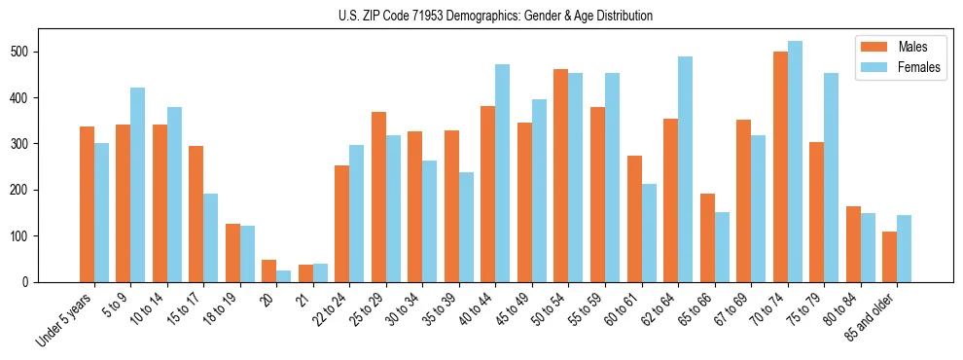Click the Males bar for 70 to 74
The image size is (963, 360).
click(x=780, y=166)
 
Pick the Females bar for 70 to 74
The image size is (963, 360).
click(x=795, y=162)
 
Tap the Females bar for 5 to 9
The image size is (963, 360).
click(x=137, y=185)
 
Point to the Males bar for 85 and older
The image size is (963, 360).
click(x=889, y=257)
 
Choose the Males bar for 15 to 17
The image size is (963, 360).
click(x=196, y=214)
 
